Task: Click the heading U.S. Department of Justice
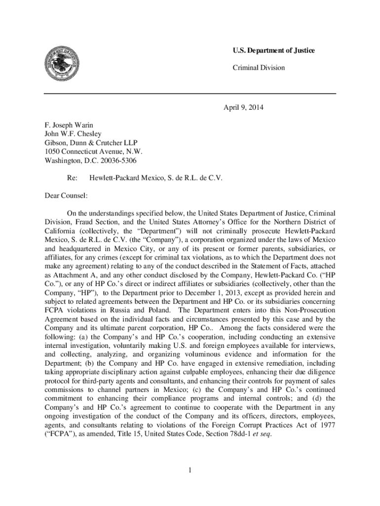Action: [273, 51]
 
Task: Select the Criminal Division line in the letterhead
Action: [259, 67]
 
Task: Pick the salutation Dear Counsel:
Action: [66, 196]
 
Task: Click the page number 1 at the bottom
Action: [190, 469]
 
